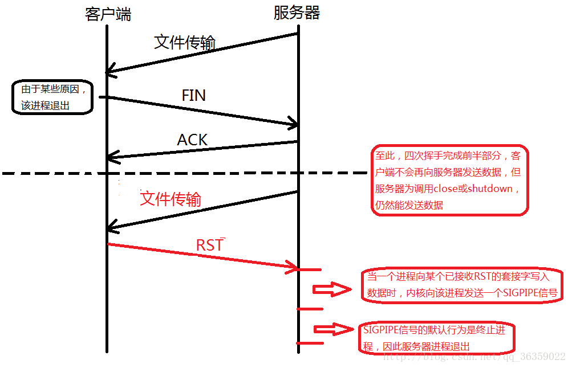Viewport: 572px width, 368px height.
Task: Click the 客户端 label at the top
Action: [x=108, y=14]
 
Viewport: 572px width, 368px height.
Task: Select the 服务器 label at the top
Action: [x=297, y=13]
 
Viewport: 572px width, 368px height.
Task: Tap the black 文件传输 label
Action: [x=185, y=42]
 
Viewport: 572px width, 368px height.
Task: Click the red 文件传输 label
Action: [x=171, y=199]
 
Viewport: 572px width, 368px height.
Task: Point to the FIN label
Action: [x=193, y=95]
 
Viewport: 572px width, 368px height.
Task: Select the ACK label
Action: [x=192, y=140]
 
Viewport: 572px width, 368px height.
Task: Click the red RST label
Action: [x=209, y=245]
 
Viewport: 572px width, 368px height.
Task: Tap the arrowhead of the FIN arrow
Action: [x=294, y=124]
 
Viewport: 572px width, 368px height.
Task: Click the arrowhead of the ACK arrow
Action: [x=112, y=156]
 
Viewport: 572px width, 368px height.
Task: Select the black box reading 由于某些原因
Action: [x=52, y=97]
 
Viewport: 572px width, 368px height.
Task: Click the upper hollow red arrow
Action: [x=332, y=290]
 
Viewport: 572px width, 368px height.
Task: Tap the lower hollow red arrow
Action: [x=332, y=329]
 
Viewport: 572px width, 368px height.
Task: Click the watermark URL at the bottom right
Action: [x=473, y=357]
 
